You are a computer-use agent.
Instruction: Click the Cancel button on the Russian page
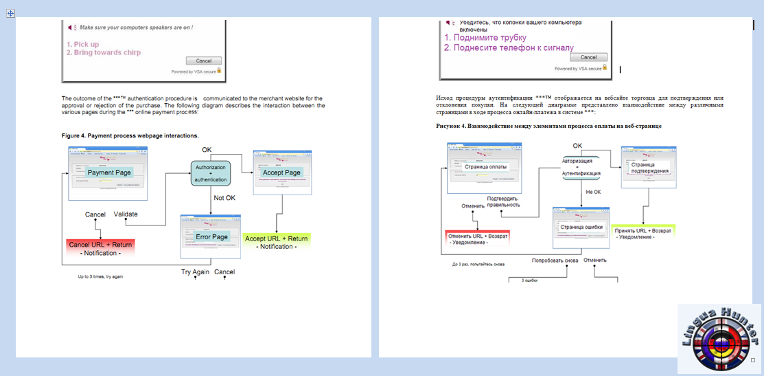(583, 57)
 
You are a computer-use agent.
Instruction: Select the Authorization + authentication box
(211, 173)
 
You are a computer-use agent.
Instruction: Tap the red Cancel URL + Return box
(100, 248)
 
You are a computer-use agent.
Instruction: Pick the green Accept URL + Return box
(276, 242)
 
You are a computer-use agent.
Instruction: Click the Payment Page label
(108, 173)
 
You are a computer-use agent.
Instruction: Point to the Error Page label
(211, 236)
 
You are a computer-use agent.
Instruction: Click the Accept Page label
(282, 172)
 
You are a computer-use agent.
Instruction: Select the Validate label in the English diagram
(126, 214)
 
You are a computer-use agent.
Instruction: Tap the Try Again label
(196, 272)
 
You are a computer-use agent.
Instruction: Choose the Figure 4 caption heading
(130, 135)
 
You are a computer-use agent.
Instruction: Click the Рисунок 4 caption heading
(548, 126)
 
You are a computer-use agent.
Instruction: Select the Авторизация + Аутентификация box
(581, 168)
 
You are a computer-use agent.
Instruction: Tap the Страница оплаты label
(485, 166)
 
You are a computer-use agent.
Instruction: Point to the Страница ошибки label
(581, 227)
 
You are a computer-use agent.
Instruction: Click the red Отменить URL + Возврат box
(476, 238)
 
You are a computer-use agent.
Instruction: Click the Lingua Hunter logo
(719, 338)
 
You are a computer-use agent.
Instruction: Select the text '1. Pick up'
(82, 44)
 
